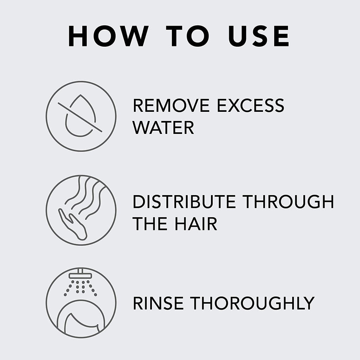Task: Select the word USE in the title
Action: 259,36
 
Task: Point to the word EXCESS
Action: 250,106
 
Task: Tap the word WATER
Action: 163,128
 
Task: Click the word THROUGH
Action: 289,202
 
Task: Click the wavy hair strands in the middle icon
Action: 88,197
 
